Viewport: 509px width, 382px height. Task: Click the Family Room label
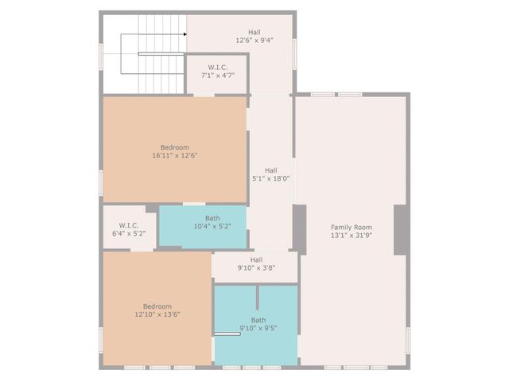click(351, 227)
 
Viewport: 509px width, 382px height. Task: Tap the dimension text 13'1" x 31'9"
click(351, 236)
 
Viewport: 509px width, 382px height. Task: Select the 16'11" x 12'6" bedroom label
click(175, 147)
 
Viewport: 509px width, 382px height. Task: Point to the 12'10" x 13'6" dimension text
click(157, 314)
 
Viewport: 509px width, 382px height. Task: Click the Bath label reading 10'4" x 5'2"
click(212, 218)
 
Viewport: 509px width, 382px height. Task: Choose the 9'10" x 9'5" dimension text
click(258, 328)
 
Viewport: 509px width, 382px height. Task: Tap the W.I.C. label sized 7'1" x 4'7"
click(217, 68)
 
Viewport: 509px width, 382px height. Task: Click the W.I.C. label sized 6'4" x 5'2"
click(130, 225)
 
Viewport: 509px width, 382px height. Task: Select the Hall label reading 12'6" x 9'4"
click(254, 33)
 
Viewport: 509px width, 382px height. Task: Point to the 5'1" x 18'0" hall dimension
click(270, 170)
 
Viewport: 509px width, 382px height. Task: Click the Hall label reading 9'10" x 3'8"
click(255, 259)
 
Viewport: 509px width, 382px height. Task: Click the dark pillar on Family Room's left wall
click(300, 228)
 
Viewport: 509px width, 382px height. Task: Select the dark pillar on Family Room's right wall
click(401, 229)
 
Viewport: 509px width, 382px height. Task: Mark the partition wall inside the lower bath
click(257, 297)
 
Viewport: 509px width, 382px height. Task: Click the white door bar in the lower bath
click(227, 334)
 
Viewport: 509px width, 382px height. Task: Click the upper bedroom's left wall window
click(101, 182)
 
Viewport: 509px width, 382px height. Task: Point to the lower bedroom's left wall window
click(101, 338)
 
